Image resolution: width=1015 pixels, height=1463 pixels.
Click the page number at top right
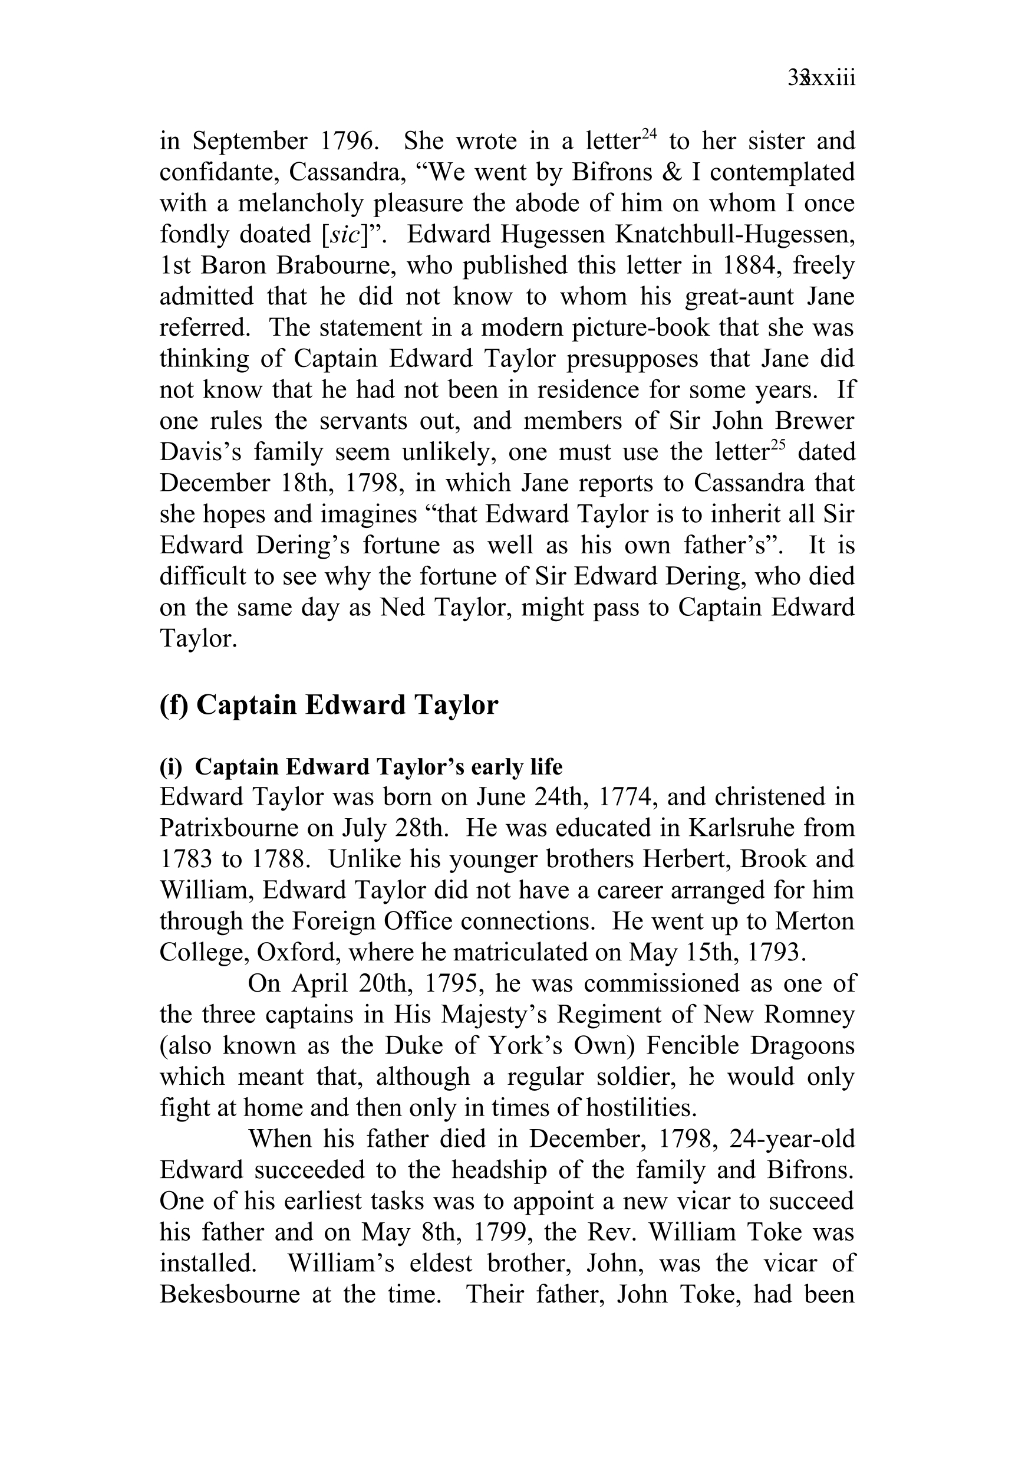click(x=821, y=79)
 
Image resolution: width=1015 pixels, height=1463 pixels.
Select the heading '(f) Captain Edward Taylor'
click(x=329, y=705)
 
